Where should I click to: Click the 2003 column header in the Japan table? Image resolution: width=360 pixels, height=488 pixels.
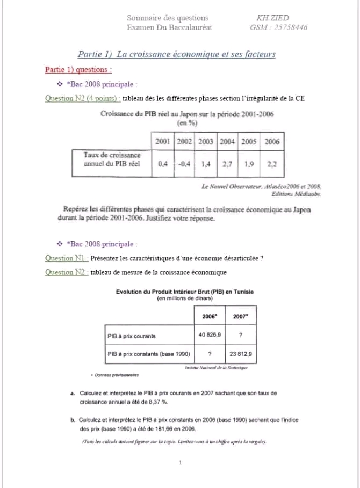tap(205, 142)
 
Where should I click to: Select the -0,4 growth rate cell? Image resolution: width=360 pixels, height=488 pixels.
tap(184, 164)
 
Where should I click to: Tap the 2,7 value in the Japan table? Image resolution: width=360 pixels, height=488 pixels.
tap(227, 164)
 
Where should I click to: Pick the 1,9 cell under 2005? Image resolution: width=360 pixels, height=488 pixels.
tap(249, 164)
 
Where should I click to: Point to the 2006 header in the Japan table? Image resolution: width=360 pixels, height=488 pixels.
tap(272, 142)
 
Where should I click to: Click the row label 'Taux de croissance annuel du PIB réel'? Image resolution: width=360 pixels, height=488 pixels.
tap(112, 159)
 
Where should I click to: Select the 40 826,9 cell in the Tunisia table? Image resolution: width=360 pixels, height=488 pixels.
tap(209, 336)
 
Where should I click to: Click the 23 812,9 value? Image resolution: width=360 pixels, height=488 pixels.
tap(240, 354)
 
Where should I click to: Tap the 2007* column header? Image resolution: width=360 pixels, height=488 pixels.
tap(240, 316)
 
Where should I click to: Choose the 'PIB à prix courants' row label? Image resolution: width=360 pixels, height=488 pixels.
tap(132, 336)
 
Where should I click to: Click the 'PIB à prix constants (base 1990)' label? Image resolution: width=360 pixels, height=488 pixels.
tap(149, 354)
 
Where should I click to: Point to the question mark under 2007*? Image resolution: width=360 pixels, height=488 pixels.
tap(240, 336)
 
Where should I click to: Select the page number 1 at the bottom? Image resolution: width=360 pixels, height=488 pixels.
tap(181, 462)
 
